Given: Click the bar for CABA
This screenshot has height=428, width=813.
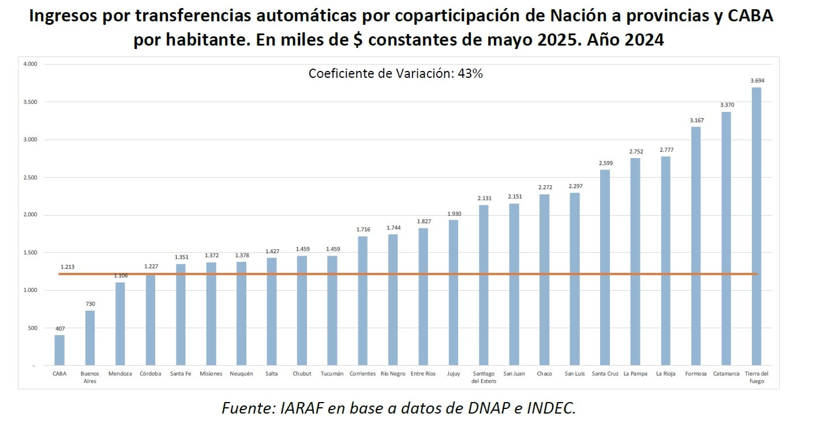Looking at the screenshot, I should (59, 350).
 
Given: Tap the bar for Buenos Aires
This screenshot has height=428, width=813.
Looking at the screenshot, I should (90, 338).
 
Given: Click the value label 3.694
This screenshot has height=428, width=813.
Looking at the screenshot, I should (757, 81).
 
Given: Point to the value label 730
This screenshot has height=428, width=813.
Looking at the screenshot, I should (90, 303).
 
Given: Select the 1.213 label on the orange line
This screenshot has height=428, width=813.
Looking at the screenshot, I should (67, 267).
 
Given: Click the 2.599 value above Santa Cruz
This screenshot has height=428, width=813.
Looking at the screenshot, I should (605, 163).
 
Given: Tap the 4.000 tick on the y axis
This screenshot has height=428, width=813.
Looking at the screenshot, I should (30, 64).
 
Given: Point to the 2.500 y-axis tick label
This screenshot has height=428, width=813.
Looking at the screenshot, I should (30, 178).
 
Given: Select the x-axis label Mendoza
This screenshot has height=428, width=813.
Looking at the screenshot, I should (120, 374).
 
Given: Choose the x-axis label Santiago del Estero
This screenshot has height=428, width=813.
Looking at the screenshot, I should (483, 377).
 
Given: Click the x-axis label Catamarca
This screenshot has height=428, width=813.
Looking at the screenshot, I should (726, 374).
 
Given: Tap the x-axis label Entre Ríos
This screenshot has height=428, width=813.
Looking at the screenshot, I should (423, 374).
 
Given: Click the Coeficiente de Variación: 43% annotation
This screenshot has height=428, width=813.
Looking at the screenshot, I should (395, 73).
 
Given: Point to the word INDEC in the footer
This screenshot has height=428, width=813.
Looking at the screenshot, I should (549, 408).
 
